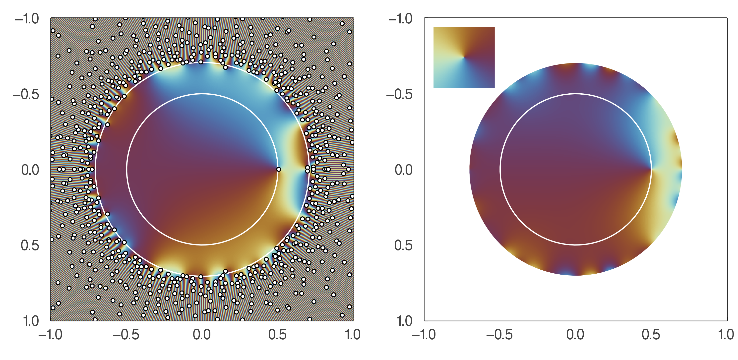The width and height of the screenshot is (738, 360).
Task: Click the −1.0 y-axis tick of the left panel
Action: (27, 19)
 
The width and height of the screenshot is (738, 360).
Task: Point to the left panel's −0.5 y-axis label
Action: (26, 95)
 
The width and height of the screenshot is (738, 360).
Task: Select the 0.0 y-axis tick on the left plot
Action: (30, 170)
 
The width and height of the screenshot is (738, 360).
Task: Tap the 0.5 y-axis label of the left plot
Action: (30, 245)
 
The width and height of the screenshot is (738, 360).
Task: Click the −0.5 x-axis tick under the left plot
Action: (126, 335)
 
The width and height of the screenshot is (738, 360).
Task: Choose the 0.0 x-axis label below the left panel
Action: (202, 335)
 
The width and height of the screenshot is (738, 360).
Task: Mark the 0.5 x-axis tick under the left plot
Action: (278, 335)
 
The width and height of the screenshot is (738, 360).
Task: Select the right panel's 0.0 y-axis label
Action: (404, 170)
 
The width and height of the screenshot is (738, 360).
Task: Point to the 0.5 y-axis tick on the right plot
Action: (403, 245)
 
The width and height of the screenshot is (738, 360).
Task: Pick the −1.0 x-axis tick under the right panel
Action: (424, 335)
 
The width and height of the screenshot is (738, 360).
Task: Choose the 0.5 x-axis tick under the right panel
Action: (651, 335)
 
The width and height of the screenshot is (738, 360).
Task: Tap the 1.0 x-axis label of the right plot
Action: (727, 335)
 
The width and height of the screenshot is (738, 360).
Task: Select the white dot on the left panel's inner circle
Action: (278, 170)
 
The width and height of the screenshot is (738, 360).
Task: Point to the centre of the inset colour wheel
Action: (464, 57)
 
